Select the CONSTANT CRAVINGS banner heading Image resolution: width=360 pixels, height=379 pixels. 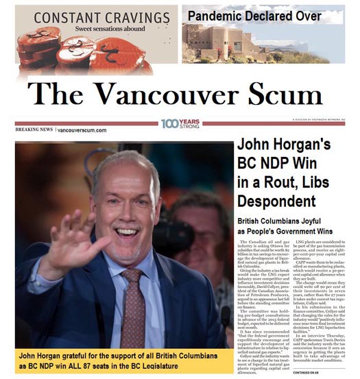[x=94, y=16]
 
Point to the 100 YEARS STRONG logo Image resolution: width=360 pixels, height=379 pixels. [x=180, y=123]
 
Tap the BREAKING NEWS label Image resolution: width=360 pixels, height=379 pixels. [x=34, y=129]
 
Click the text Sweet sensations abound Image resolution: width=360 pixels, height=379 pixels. [x=94, y=29]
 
